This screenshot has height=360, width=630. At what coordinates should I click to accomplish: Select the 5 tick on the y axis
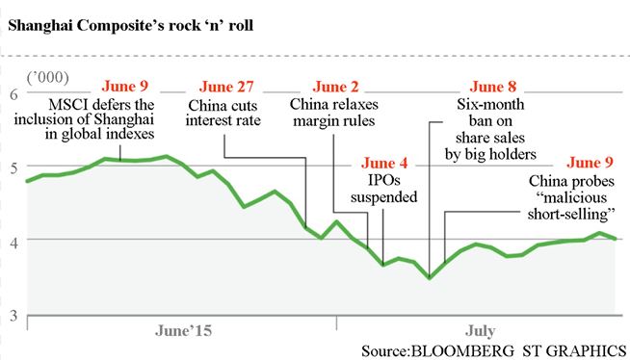point(13,167)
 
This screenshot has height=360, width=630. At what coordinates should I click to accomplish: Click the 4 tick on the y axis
point(13,240)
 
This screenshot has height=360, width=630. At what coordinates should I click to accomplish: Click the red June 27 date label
point(223,88)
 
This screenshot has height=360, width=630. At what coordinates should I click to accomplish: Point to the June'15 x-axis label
point(183,329)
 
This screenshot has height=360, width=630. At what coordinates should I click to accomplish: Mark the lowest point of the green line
point(430,278)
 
